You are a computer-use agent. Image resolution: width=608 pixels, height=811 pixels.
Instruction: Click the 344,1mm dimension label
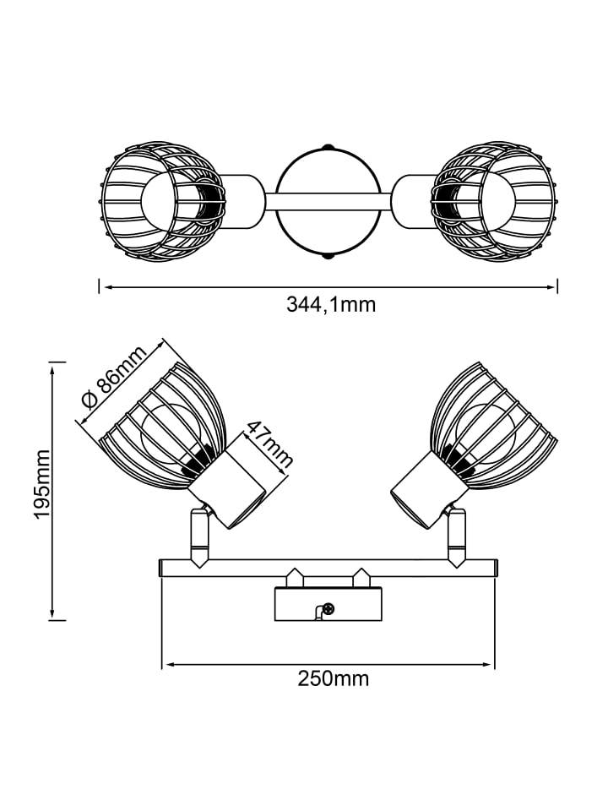click(331, 305)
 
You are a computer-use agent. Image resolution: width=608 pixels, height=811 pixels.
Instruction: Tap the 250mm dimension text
click(333, 678)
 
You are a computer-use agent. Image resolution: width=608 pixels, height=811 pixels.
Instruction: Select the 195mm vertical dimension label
click(41, 484)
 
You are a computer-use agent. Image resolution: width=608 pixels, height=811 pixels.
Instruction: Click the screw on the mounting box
click(328, 609)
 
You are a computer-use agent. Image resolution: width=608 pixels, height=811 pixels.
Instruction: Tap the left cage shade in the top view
click(162, 201)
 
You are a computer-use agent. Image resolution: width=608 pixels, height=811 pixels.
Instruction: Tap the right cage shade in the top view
click(495, 201)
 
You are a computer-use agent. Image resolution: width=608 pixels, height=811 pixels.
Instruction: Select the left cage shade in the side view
click(160, 429)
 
